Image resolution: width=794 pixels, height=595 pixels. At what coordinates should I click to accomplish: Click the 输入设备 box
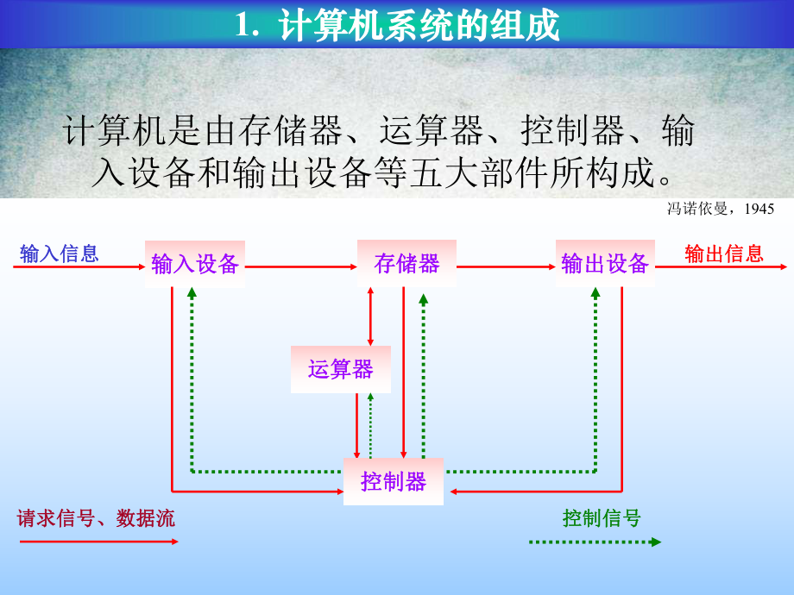[x=195, y=264]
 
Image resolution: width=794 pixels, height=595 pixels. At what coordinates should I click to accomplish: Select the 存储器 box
[x=406, y=264]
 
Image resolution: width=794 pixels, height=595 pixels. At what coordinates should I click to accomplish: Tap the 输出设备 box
[x=605, y=264]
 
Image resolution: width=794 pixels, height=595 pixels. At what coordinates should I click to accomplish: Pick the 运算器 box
[x=341, y=369]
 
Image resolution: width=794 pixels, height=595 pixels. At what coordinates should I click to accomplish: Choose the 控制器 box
[x=394, y=481]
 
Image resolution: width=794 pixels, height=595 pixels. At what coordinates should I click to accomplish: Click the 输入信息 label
[x=60, y=254]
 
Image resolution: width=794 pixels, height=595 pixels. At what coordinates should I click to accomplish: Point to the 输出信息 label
[x=724, y=254]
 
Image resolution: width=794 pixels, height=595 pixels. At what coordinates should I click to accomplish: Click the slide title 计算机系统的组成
[x=398, y=25]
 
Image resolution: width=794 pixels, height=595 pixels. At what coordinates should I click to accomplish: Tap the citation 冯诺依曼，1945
[x=721, y=209]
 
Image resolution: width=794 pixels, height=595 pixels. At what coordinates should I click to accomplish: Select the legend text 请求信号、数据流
[x=96, y=518]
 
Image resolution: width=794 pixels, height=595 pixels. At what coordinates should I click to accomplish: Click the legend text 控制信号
[x=602, y=518]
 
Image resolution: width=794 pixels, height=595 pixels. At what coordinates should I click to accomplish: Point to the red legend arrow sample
[x=98, y=542]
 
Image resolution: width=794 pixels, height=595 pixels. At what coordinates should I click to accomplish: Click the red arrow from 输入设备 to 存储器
[x=301, y=267]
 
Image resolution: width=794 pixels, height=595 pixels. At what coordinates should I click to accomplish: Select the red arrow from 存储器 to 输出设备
[x=506, y=267]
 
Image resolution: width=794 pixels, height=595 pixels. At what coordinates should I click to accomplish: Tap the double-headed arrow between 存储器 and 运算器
[x=371, y=316]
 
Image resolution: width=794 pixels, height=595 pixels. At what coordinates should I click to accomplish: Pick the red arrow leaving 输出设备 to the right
[x=721, y=267]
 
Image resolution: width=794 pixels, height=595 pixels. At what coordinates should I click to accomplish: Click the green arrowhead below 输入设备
[x=192, y=293]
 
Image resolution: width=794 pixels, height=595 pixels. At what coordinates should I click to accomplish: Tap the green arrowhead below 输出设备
[x=595, y=293]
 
